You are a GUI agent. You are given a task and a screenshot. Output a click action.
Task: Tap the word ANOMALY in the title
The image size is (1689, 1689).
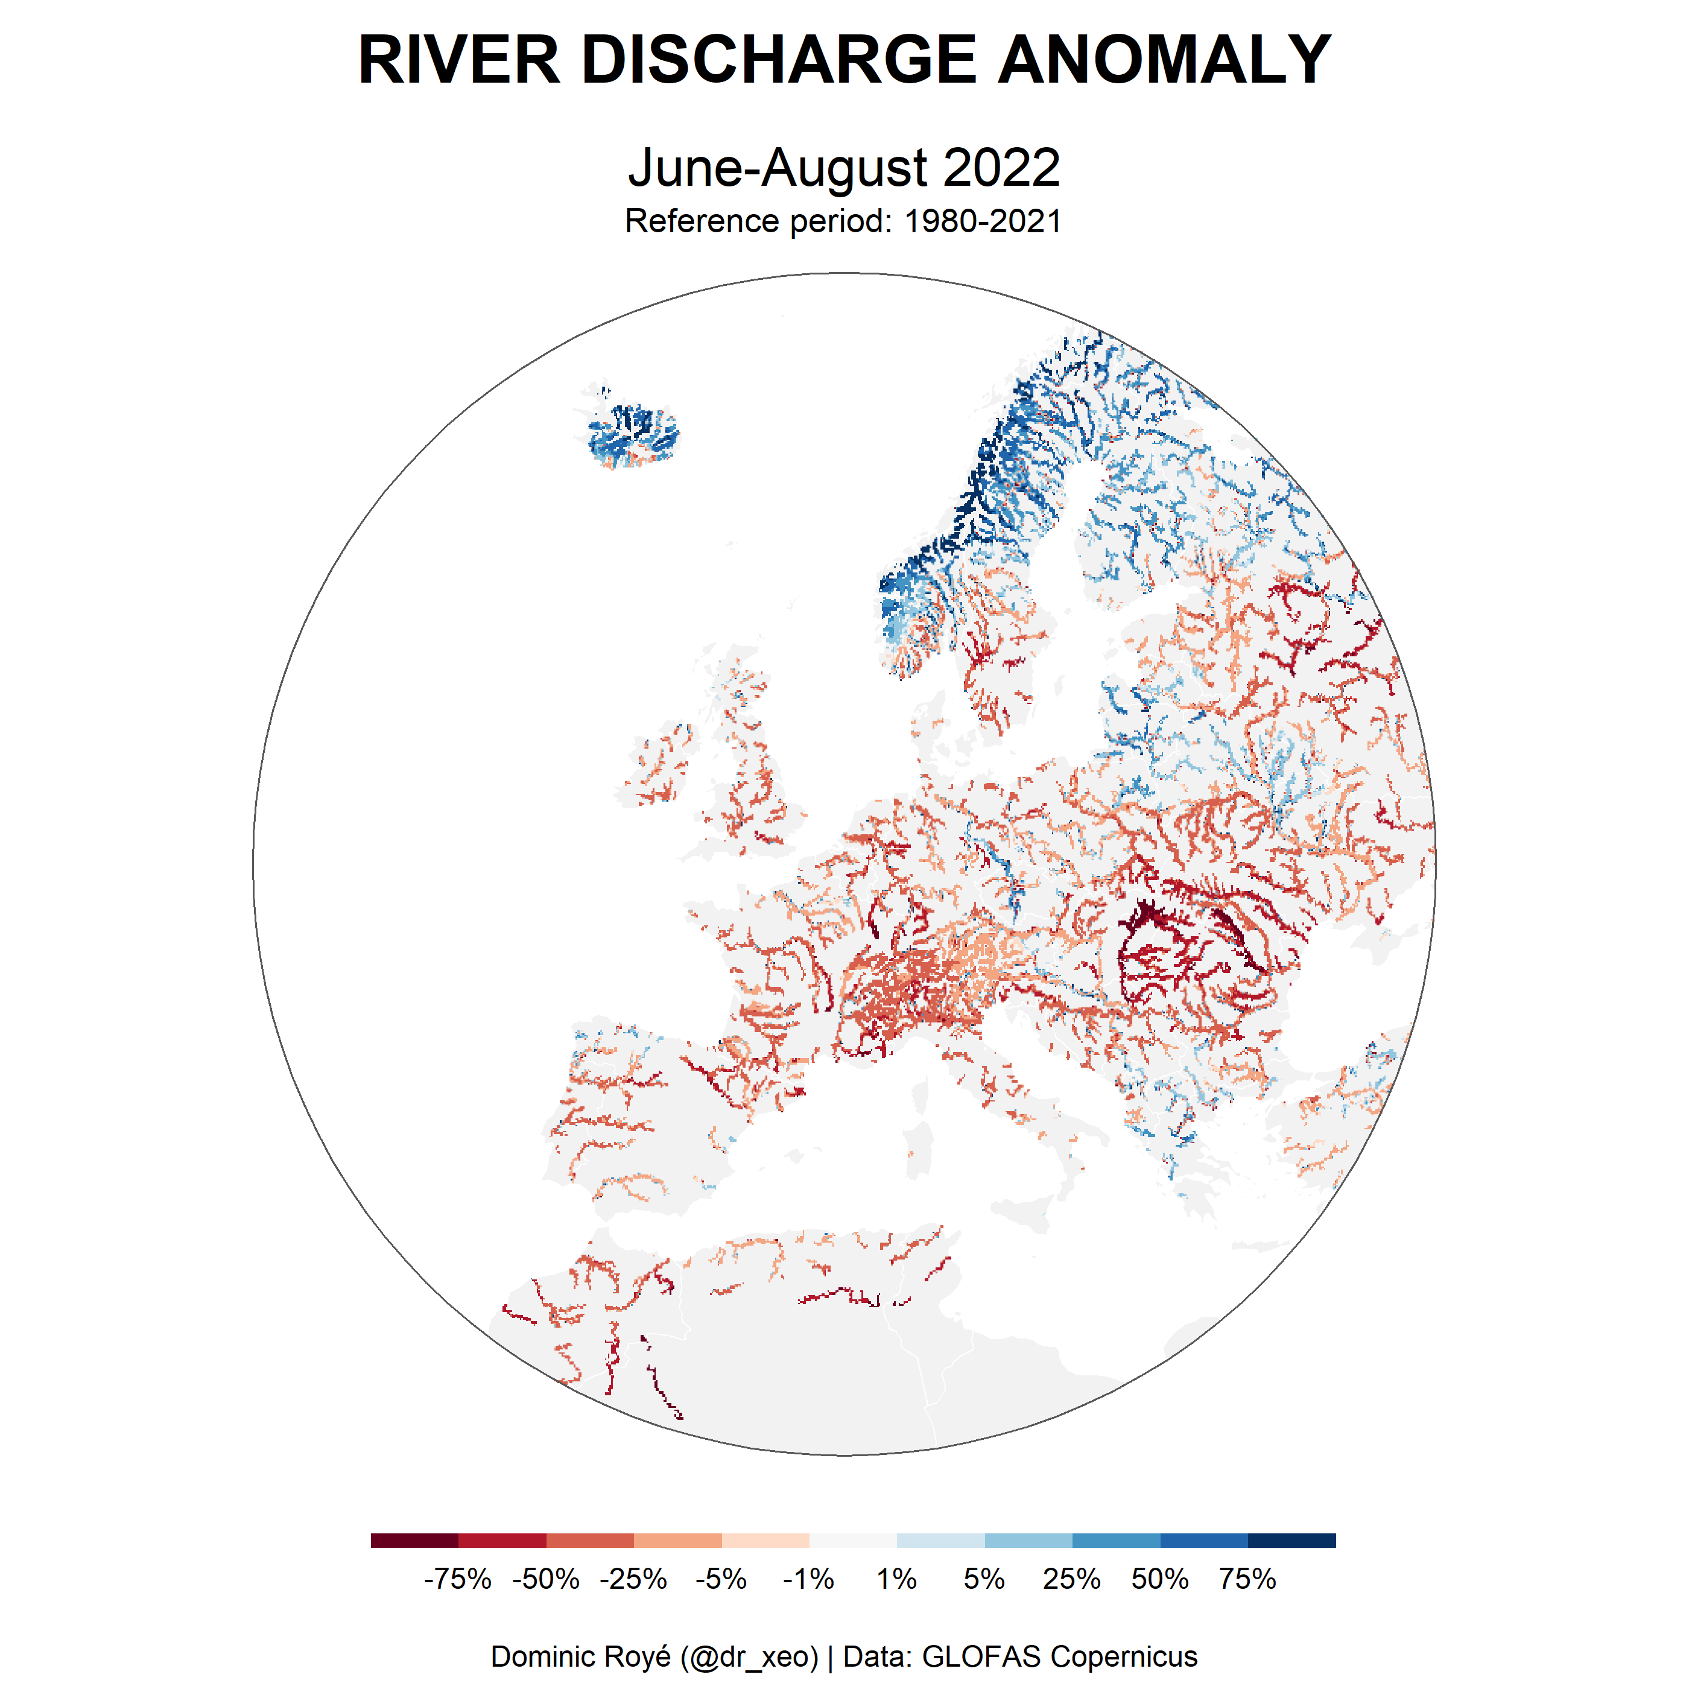1164,60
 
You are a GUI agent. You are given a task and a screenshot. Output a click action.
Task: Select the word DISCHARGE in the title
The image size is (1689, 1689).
778,60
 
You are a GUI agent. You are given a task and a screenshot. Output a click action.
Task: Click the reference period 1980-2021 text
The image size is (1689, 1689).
983,221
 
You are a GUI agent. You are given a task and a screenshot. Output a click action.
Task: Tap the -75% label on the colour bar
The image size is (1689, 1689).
457,1579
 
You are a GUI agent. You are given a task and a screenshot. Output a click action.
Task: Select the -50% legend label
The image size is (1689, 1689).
545,1579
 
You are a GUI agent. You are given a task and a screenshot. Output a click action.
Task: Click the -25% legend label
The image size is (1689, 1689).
633,1579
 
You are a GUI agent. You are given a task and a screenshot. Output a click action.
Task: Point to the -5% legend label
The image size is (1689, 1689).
721,1579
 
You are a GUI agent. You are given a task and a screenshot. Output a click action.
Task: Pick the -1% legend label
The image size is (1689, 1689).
809,1579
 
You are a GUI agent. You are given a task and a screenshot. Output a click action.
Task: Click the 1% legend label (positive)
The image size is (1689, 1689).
896,1579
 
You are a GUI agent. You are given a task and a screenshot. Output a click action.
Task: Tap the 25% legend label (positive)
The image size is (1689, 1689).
1072,1579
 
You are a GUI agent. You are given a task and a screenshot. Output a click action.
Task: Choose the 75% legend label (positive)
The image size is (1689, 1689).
1247,1579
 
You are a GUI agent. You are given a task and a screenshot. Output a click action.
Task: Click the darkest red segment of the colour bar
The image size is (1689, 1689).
414,1541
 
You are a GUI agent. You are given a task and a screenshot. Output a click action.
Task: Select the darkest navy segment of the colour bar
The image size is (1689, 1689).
1291,1541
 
